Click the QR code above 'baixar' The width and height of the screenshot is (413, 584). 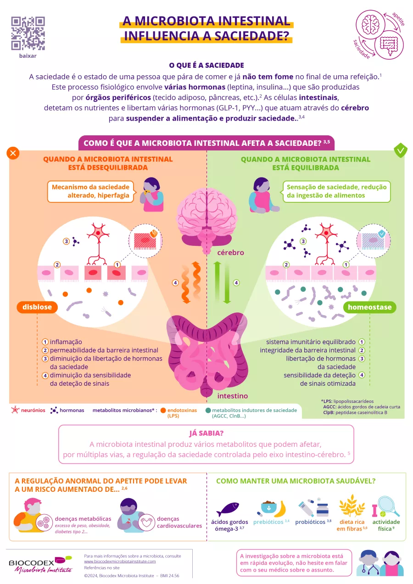pyautogui.click(x=28, y=33)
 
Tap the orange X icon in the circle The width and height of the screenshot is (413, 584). pyautogui.click(x=13, y=153)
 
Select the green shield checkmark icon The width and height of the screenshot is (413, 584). pyautogui.click(x=401, y=150)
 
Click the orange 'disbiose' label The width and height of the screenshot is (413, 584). pyautogui.click(x=38, y=307)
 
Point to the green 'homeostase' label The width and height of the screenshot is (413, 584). pyautogui.click(x=369, y=307)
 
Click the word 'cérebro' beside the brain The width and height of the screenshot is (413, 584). pyautogui.click(x=230, y=253)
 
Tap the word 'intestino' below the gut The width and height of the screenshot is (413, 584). pyautogui.click(x=232, y=395)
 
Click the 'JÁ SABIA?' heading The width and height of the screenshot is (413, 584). pyautogui.click(x=206, y=434)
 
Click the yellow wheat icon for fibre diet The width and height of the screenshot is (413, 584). pyautogui.click(x=352, y=506)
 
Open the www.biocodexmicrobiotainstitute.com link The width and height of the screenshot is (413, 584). pyautogui.click(x=120, y=561)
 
